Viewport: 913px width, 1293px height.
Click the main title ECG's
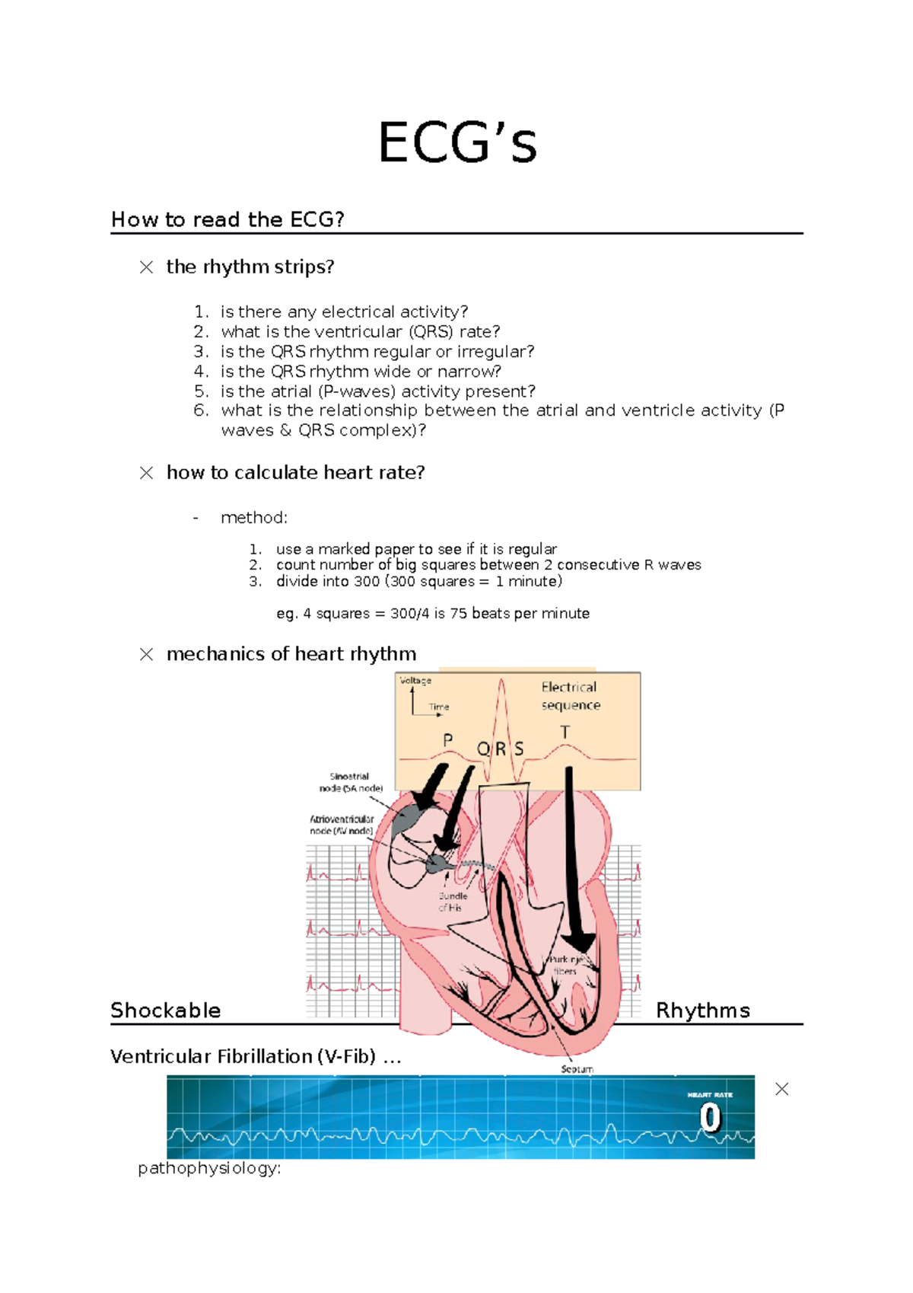coord(457,143)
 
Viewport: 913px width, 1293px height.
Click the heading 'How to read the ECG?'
coord(227,220)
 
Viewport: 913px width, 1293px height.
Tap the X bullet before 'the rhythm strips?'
coord(146,267)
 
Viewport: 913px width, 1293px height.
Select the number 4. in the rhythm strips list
coord(201,372)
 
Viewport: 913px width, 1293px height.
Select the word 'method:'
coord(254,518)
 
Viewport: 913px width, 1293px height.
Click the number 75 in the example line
coord(458,614)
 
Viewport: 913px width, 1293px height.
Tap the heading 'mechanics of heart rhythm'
coord(291,654)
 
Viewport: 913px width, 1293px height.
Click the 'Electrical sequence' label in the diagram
coord(570,696)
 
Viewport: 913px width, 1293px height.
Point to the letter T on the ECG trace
coord(565,733)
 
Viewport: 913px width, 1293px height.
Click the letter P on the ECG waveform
coord(447,740)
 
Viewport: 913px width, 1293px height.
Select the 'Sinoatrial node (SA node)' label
coord(350,783)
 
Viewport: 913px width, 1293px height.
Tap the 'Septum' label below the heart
coord(577,1069)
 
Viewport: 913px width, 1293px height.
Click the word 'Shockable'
coord(166,1010)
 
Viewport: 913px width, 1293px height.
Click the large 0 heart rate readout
coord(709,1119)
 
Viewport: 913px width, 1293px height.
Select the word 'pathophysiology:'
coord(209,1168)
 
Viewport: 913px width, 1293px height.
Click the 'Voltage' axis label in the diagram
coord(415,681)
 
